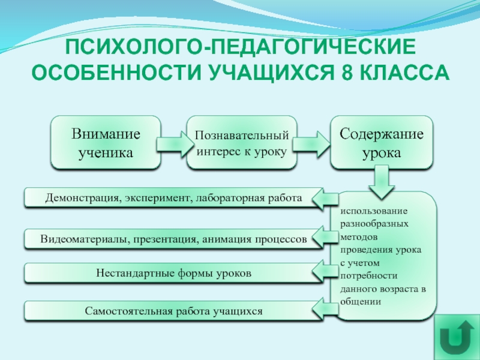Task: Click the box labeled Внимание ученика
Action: pos(106,142)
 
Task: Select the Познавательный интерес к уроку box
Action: pos(242,142)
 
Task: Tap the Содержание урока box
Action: pos(382,142)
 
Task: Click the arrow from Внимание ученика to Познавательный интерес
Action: pos(173,144)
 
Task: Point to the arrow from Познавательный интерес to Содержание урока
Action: pos(311,144)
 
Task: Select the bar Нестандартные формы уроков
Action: pos(173,273)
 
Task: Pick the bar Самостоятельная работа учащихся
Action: pos(173,311)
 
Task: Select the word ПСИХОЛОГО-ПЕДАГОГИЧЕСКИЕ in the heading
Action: pos(239,47)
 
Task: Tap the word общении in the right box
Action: pos(361,301)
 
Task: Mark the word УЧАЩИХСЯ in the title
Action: pos(272,73)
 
